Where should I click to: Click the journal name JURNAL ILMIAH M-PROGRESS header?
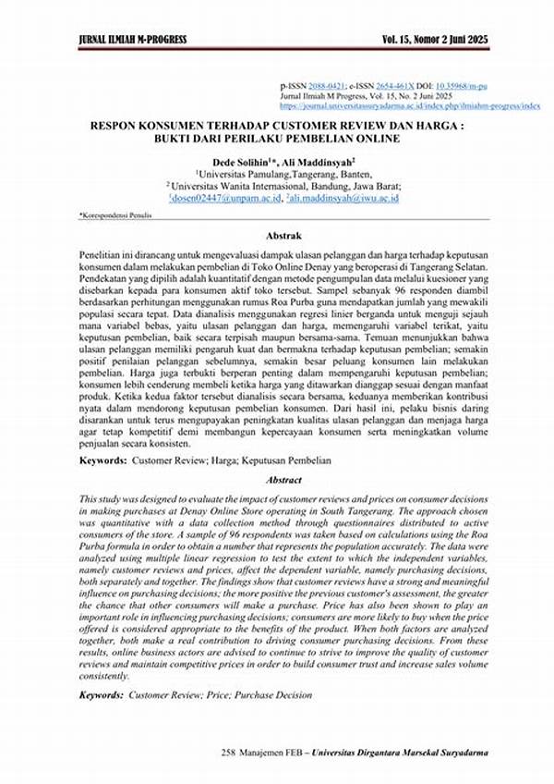pos(131,39)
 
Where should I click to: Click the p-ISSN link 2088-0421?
pos(330,83)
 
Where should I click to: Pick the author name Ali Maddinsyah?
pos(306,160)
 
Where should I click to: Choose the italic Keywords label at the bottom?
pos(101,692)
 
